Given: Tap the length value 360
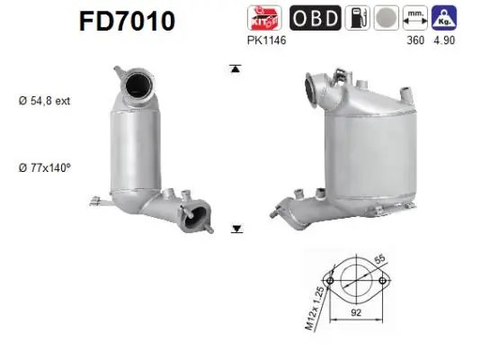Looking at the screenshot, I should click(x=415, y=40).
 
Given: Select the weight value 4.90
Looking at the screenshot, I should click(x=443, y=40).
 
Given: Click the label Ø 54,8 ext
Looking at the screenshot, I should click(x=44, y=101).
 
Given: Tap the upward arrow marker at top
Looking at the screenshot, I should click(x=236, y=68).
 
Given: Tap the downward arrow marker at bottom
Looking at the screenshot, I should click(x=236, y=229).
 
